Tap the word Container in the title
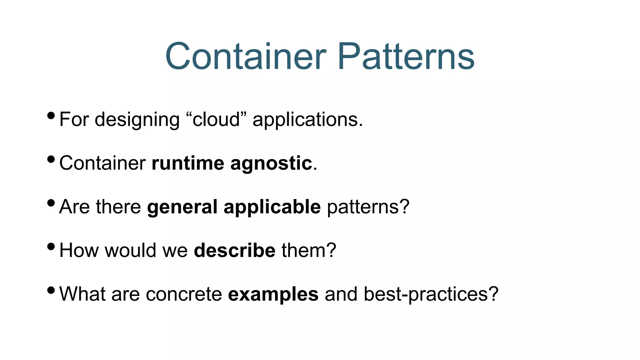[x=246, y=57]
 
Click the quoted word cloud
[x=216, y=119]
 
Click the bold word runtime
[x=187, y=163]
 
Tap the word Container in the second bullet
[x=102, y=163]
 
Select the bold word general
[x=182, y=207]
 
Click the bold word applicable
[x=272, y=207]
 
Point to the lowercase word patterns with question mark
[x=368, y=207]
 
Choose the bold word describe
[x=234, y=250]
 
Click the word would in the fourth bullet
[x=130, y=250]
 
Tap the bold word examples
[x=273, y=295]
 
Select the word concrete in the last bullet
[x=184, y=294]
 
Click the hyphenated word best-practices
[x=431, y=295]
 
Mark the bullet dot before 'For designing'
[x=51, y=116]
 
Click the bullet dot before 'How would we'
[x=51, y=247]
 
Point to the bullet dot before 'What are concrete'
[x=51, y=291]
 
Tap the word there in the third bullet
[x=118, y=207]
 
